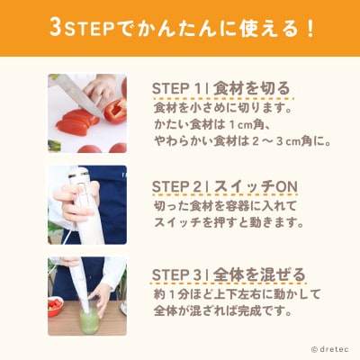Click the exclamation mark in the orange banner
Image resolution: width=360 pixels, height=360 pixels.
coord(310,29)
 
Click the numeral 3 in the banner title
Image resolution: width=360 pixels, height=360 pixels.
coord(56,28)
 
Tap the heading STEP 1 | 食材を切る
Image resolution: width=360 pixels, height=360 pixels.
coord(221,89)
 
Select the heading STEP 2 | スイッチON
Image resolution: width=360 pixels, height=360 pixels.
coord(225,187)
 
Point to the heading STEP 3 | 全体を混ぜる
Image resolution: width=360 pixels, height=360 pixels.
coord(229,274)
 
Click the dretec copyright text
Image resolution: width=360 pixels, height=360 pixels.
coord(330,349)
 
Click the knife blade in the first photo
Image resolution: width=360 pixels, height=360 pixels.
coord(79,94)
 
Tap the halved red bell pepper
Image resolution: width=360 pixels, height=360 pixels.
coord(116,111)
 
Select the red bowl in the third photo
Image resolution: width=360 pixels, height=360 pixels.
coord(56,306)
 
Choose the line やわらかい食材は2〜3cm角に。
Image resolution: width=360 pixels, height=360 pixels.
coord(242,141)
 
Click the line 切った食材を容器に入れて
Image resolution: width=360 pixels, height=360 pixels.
coord(225,206)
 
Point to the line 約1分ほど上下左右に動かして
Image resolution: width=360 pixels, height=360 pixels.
coord(237,294)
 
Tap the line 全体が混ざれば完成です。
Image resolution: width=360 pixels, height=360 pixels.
coord(223,311)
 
